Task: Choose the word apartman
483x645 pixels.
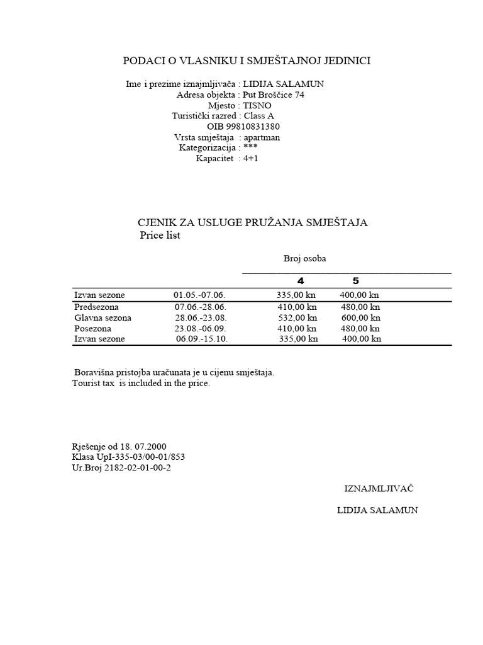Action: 262,137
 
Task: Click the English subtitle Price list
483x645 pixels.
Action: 160,236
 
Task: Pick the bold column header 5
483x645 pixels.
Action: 356,281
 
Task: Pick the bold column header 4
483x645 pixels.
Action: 300,281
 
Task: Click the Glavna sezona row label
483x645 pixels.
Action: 103,317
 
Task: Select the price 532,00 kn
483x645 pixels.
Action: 297,317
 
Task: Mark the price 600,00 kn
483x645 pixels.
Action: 361,317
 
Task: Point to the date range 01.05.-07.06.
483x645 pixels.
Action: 199,295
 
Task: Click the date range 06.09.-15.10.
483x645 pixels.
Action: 201,339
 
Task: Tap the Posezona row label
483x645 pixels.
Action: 92,328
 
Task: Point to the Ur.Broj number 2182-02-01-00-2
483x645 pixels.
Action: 140,467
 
